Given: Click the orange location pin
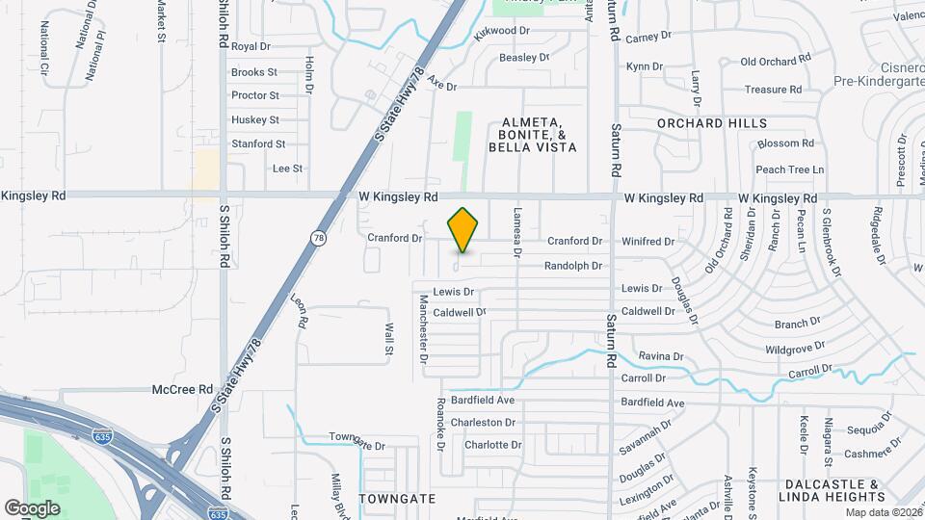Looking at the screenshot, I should tap(463, 230).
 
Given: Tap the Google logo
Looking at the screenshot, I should tap(32, 508).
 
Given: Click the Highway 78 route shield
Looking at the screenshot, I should tap(317, 237).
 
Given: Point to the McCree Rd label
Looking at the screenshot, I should tap(182, 389).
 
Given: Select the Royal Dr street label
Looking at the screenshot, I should tap(251, 46).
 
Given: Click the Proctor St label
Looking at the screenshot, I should tap(255, 95).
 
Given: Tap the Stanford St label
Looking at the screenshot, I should tap(258, 143).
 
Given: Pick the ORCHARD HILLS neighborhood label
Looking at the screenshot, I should tap(712, 123).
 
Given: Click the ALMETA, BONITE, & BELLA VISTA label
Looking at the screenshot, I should tap(532, 135).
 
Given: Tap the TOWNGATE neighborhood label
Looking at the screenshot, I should tap(397, 499).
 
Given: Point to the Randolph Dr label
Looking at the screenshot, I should tap(573, 266).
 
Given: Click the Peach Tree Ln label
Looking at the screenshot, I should tap(789, 169).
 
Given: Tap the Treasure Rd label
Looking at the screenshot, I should tap(773, 90).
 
